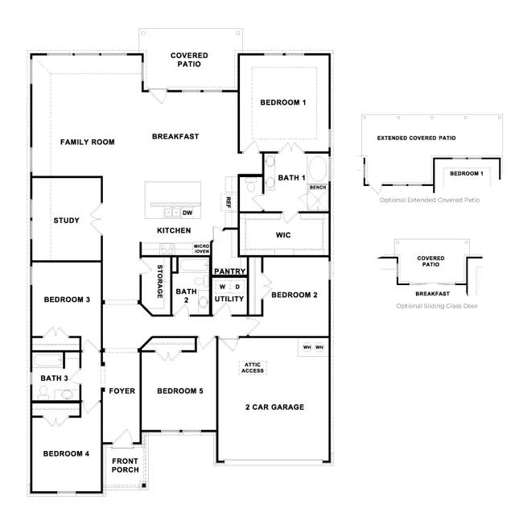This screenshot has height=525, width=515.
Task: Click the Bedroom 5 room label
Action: [x=180, y=391]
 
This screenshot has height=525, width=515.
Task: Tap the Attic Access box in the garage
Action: [x=253, y=368]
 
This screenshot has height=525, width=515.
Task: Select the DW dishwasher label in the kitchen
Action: [x=187, y=213]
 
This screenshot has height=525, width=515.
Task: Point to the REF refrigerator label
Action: [x=229, y=202]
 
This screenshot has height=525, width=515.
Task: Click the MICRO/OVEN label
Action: [x=201, y=249]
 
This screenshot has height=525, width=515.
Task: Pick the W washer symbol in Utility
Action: [x=222, y=287]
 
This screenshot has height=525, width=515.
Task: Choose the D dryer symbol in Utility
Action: [x=237, y=287]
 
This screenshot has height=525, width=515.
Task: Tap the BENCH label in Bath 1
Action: [x=318, y=187]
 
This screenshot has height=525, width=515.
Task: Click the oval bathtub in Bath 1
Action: [x=317, y=169]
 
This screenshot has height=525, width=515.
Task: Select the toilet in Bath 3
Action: [x=43, y=392]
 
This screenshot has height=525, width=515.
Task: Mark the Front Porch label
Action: [x=126, y=465]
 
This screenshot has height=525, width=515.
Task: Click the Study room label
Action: [x=66, y=221]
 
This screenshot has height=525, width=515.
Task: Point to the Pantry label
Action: [x=229, y=271]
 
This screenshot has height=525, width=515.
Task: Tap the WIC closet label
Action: [x=283, y=235]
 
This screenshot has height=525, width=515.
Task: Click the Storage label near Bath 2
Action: [x=160, y=281]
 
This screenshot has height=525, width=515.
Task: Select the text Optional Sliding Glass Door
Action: [x=437, y=306]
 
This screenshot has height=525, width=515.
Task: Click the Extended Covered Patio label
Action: [x=416, y=138]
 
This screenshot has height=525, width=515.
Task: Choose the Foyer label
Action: [x=122, y=391]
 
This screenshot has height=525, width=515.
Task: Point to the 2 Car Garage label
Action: [x=274, y=407]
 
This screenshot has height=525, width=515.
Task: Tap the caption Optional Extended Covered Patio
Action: [x=430, y=200]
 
